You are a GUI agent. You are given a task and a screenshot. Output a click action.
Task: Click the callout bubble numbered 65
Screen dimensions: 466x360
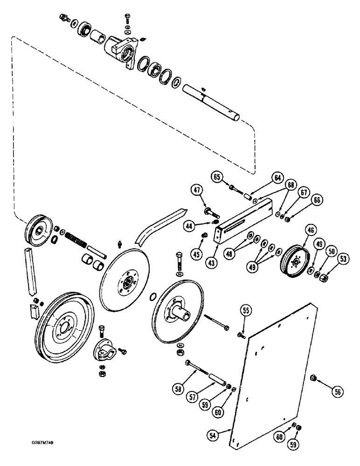(x=217, y=177)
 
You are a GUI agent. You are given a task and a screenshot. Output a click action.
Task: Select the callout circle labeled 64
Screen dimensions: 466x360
(x=278, y=178)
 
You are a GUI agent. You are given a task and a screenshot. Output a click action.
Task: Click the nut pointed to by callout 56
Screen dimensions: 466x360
(x=313, y=377)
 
